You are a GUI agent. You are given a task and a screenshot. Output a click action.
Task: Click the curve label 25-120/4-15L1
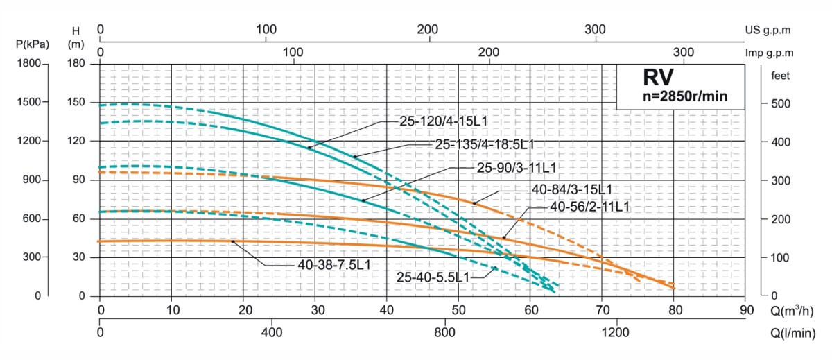(x=444, y=121)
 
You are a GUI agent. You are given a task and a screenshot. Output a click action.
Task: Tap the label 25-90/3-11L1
(x=517, y=167)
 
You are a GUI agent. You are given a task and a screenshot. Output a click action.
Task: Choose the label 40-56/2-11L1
(x=589, y=207)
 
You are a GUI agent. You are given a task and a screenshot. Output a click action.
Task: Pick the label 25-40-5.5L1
(x=433, y=277)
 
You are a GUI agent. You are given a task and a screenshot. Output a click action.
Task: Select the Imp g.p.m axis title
(x=769, y=53)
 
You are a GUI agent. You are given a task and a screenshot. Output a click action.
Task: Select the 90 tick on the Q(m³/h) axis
(x=746, y=309)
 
